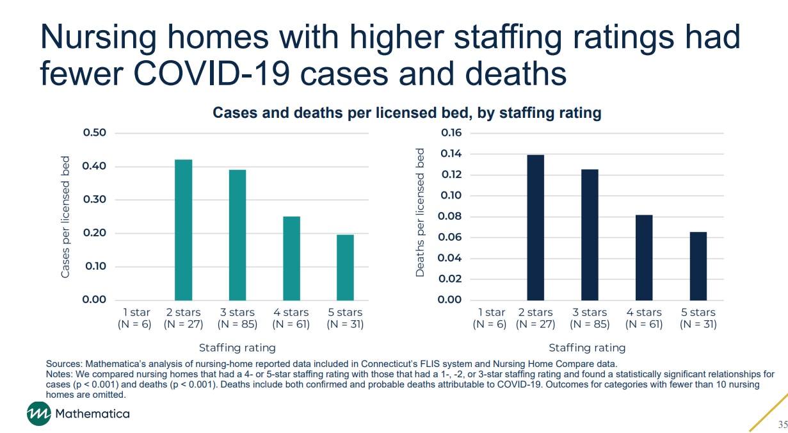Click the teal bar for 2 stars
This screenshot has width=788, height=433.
point(184,229)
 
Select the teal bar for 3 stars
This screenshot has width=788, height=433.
point(237,234)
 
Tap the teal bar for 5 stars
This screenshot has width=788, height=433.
point(345,267)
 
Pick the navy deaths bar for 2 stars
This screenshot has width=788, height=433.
point(536,227)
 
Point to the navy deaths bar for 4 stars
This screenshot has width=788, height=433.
point(644,257)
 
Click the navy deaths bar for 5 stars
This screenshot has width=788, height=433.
point(698,266)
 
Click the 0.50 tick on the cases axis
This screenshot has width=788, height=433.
point(93,133)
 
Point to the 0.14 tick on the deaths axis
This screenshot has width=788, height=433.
point(449,154)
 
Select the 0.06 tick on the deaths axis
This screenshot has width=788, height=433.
point(449,238)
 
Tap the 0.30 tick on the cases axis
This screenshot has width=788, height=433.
point(93,200)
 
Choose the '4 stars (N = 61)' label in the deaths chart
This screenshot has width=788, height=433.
point(644,318)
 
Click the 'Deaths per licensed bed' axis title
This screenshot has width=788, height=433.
point(421,213)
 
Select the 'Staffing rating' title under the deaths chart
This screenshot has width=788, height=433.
point(587,348)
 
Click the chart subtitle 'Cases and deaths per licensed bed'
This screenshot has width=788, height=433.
point(406,113)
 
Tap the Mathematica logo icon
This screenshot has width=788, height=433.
point(38,414)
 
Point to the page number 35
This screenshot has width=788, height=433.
point(782,425)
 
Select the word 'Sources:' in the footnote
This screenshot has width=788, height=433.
point(64,364)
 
